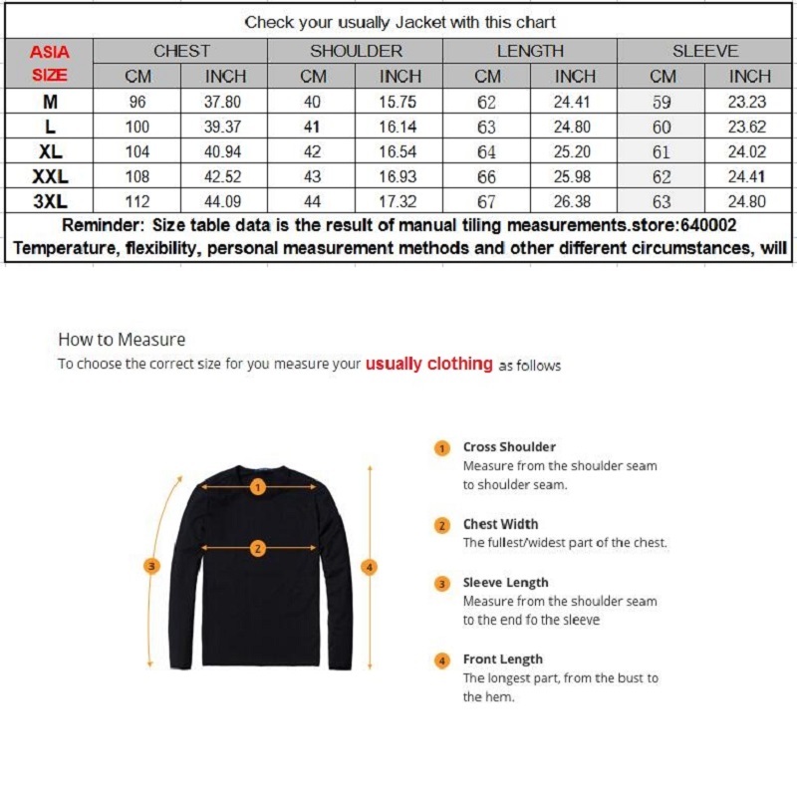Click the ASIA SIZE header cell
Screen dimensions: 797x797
(49, 62)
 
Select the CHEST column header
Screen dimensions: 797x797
(181, 51)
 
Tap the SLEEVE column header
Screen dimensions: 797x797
(705, 51)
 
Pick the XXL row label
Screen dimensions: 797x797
(49, 176)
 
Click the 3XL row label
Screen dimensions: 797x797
(49, 201)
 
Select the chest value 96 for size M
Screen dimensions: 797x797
(137, 102)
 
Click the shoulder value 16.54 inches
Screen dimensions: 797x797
(400, 151)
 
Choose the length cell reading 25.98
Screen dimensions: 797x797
(575, 176)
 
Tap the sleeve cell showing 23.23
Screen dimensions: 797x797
(749, 102)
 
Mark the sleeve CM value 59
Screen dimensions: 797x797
(662, 102)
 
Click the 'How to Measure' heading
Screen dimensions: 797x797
(122, 340)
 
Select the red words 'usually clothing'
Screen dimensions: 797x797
(428, 364)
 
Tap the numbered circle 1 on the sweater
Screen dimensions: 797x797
(257, 487)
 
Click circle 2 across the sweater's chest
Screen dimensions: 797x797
(257, 548)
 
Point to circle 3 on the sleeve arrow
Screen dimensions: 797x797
(151, 566)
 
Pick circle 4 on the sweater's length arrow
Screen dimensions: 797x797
(370, 567)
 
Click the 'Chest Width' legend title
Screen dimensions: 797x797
(500, 524)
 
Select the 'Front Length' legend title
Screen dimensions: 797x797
(503, 660)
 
